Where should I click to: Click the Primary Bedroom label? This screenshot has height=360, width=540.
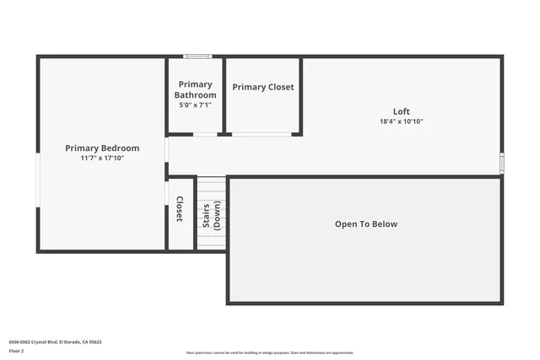tap(102, 148)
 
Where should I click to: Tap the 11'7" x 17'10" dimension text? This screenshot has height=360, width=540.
tap(102, 158)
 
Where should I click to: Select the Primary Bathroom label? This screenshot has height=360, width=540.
tap(196, 89)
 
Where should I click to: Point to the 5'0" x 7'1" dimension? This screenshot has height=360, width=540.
tap(196, 105)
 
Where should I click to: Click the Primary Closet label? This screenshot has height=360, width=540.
tap(263, 87)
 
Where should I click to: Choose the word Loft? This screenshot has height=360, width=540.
tap(401, 112)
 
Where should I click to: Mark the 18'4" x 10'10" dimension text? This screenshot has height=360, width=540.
tap(401, 121)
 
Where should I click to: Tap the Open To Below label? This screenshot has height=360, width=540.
tap(365, 224)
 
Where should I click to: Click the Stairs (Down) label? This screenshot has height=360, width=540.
tap(211, 216)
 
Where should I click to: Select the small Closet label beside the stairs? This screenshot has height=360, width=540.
tap(179, 209)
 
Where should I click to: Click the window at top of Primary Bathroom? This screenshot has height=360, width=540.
tap(197, 56)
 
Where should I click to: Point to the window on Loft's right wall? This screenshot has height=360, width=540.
tap(502, 162)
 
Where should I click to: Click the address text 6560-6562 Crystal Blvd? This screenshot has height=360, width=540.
tap(54, 342)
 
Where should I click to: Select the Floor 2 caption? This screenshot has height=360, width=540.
tap(16, 350)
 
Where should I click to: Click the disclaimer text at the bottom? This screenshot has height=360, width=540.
tap(270, 353)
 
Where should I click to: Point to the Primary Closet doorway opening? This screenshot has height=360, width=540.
tap(262, 134)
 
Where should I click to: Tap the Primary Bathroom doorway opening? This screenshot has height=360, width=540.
tap(205, 134)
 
